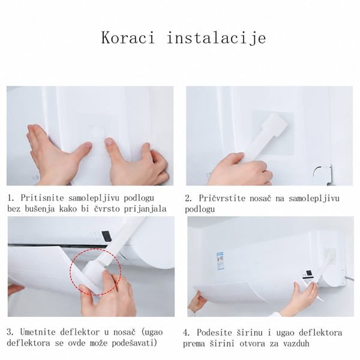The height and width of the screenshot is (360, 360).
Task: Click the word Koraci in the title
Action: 128,38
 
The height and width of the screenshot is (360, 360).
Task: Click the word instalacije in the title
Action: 217,38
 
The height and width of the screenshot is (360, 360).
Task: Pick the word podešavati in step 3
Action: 134,343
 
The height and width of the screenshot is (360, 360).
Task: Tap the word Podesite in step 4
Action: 214,332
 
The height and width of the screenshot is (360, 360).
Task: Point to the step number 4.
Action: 186,333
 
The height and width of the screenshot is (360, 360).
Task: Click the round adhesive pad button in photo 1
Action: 97,131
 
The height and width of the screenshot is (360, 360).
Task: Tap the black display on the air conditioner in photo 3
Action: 106,236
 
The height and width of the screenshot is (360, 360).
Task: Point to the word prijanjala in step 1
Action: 145,209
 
